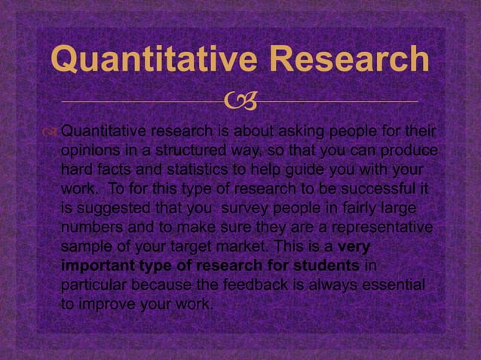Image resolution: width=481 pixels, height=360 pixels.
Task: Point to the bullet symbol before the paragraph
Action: [51, 134]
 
